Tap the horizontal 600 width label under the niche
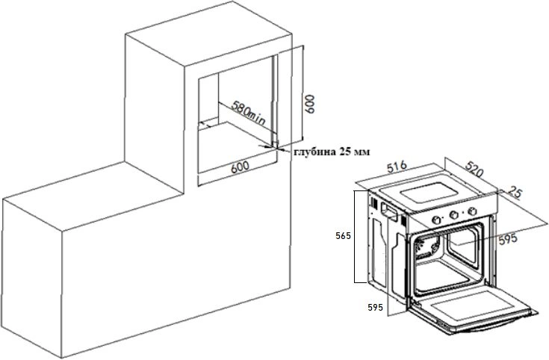[239, 167]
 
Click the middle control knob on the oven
[453, 216]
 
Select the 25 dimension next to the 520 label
[515, 193]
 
